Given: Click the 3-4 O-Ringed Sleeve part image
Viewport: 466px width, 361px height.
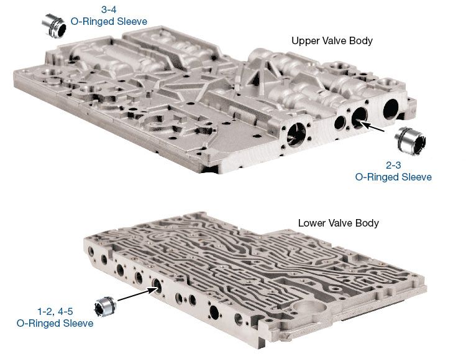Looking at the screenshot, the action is [54, 26].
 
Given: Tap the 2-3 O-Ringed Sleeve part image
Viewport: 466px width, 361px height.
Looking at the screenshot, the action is [410, 141].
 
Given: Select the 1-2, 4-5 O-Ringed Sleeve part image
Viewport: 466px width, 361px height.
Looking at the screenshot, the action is [105, 306].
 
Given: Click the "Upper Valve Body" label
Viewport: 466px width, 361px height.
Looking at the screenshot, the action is [332, 41].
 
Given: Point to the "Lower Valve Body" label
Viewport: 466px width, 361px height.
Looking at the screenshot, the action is [338, 223].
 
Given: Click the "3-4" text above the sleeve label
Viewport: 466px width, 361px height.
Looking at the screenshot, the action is [109, 9].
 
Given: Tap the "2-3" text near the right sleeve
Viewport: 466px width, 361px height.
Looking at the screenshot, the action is [393, 165].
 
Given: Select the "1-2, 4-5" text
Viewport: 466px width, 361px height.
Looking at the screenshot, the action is [55, 312].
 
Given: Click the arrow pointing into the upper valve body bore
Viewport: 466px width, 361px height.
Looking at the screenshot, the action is [372, 126].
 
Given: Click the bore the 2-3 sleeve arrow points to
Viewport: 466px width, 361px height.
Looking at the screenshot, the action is [360, 117].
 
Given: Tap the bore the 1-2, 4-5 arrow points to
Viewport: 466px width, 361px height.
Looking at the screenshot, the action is [157, 286].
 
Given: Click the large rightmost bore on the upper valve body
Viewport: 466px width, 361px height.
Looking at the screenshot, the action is [391, 109].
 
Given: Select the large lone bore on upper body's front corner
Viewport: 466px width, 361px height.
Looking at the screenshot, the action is [296, 134].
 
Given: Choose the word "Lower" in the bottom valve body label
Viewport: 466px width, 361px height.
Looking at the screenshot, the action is [311, 223].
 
